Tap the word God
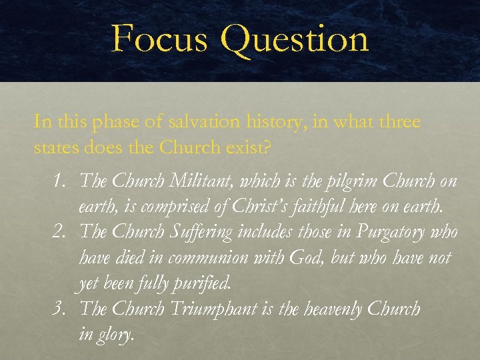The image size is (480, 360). point(311,258)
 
